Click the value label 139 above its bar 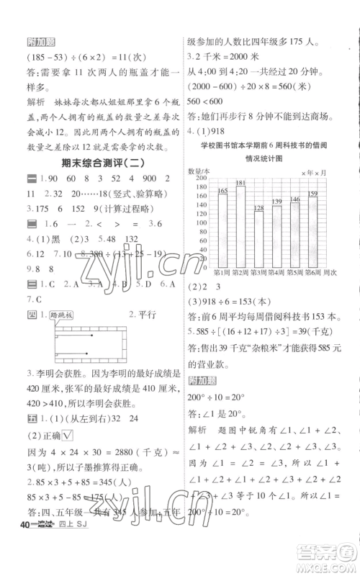tap(276, 201)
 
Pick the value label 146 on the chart tap(294, 199)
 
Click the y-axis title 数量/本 tap(199, 170)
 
